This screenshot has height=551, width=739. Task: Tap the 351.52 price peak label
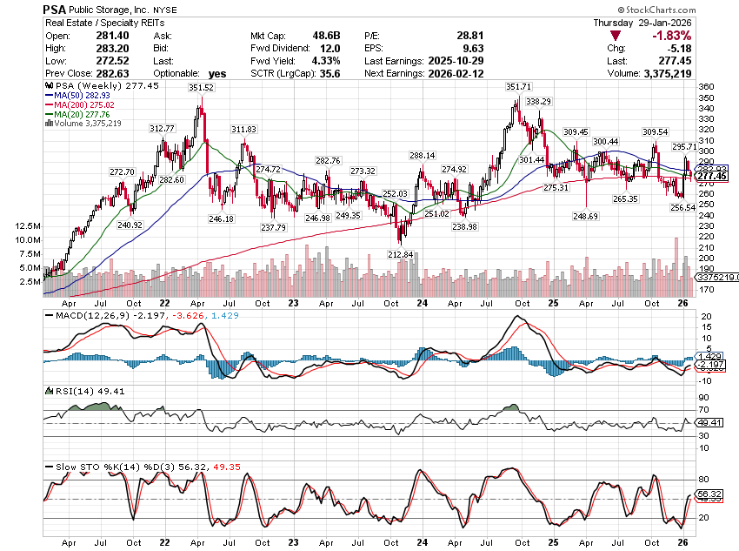(x=200, y=88)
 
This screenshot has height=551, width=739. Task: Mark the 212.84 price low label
(x=403, y=254)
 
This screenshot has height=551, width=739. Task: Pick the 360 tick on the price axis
(x=707, y=87)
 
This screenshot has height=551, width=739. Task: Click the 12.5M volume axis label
(x=25, y=225)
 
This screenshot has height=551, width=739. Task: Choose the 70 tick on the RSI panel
(x=703, y=409)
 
